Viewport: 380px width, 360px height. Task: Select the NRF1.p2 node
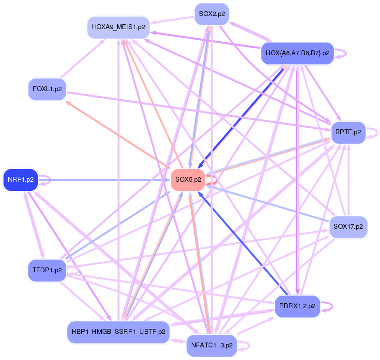pyautogui.click(x=20, y=180)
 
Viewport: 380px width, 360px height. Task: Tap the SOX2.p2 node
pyautogui.click(x=212, y=14)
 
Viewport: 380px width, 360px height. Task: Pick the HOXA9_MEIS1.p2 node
pyautogui.click(x=118, y=28)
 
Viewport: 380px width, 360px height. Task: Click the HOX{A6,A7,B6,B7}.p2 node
pyautogui.click(x=297, y=54)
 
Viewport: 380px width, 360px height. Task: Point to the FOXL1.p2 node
pyautogui.click(x=47, y=89)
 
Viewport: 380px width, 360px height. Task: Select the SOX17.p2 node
pyautogui.click(x=348, y=226)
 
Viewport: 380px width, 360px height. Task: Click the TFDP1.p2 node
pyautogui.click(x=46, y=270)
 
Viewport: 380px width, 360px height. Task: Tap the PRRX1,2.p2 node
pyautogui.click(x=297, y=306)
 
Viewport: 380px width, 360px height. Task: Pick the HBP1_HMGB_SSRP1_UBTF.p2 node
pyautogui.click(x=119, y=332)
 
